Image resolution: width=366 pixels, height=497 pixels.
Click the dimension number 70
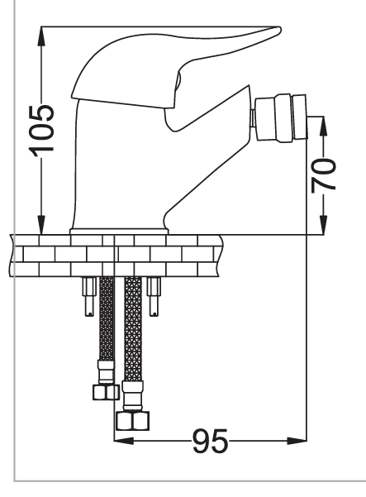point(323,175)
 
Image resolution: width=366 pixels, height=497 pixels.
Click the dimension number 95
point(210,442)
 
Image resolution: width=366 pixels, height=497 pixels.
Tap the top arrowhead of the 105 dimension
point(41,36)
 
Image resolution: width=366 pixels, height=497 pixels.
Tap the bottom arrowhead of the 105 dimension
point(41,225)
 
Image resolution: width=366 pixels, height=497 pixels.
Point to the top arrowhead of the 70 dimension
point(323,127)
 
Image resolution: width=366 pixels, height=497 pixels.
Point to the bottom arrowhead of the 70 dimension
point(323,225)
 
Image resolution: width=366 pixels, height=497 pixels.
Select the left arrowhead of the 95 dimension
point(124,441)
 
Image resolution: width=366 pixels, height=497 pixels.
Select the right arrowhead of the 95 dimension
point(297,441)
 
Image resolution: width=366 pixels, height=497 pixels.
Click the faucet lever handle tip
point(276,31)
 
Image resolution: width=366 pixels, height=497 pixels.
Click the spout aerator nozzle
point(282,117)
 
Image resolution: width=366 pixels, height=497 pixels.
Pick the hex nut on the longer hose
point(132,421)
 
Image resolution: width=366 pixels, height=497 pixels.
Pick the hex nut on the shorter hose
point(106,392)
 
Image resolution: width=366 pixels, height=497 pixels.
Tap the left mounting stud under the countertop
point(89,296)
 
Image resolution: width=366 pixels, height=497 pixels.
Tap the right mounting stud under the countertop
point(154,296)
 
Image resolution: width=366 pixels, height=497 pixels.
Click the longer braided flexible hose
point(133,330)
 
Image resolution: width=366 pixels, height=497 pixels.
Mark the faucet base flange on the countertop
point(119,232)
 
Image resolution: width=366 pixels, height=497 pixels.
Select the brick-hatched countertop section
point(116,256)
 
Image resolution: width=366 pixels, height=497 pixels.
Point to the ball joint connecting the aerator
point(252,118)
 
